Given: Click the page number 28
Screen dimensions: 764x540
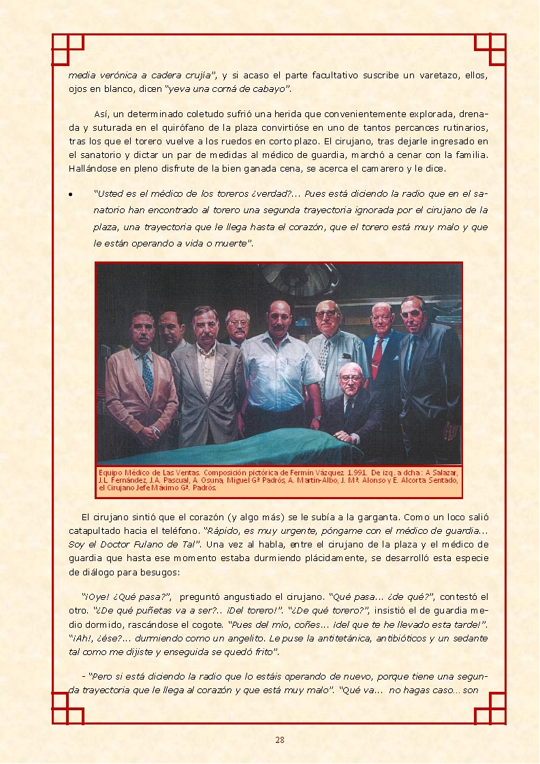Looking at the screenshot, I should point(279,740).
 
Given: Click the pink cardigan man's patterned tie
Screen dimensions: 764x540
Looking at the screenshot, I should point(147,373).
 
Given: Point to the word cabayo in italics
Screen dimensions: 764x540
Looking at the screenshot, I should point(269,89).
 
